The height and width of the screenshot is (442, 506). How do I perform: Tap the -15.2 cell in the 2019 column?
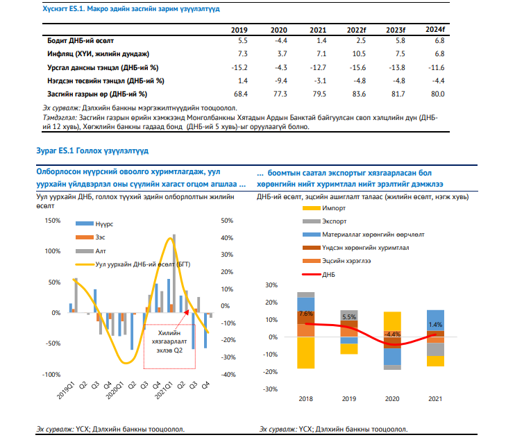[x=239, y=67]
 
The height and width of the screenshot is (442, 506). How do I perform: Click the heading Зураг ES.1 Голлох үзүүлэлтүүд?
[x=94, y=150]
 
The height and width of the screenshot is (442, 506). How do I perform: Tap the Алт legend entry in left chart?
[x=101, y=251]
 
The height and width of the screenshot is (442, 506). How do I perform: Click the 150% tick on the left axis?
[x=51, y=221]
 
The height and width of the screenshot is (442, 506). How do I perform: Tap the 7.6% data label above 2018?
[x=305, y=314]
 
